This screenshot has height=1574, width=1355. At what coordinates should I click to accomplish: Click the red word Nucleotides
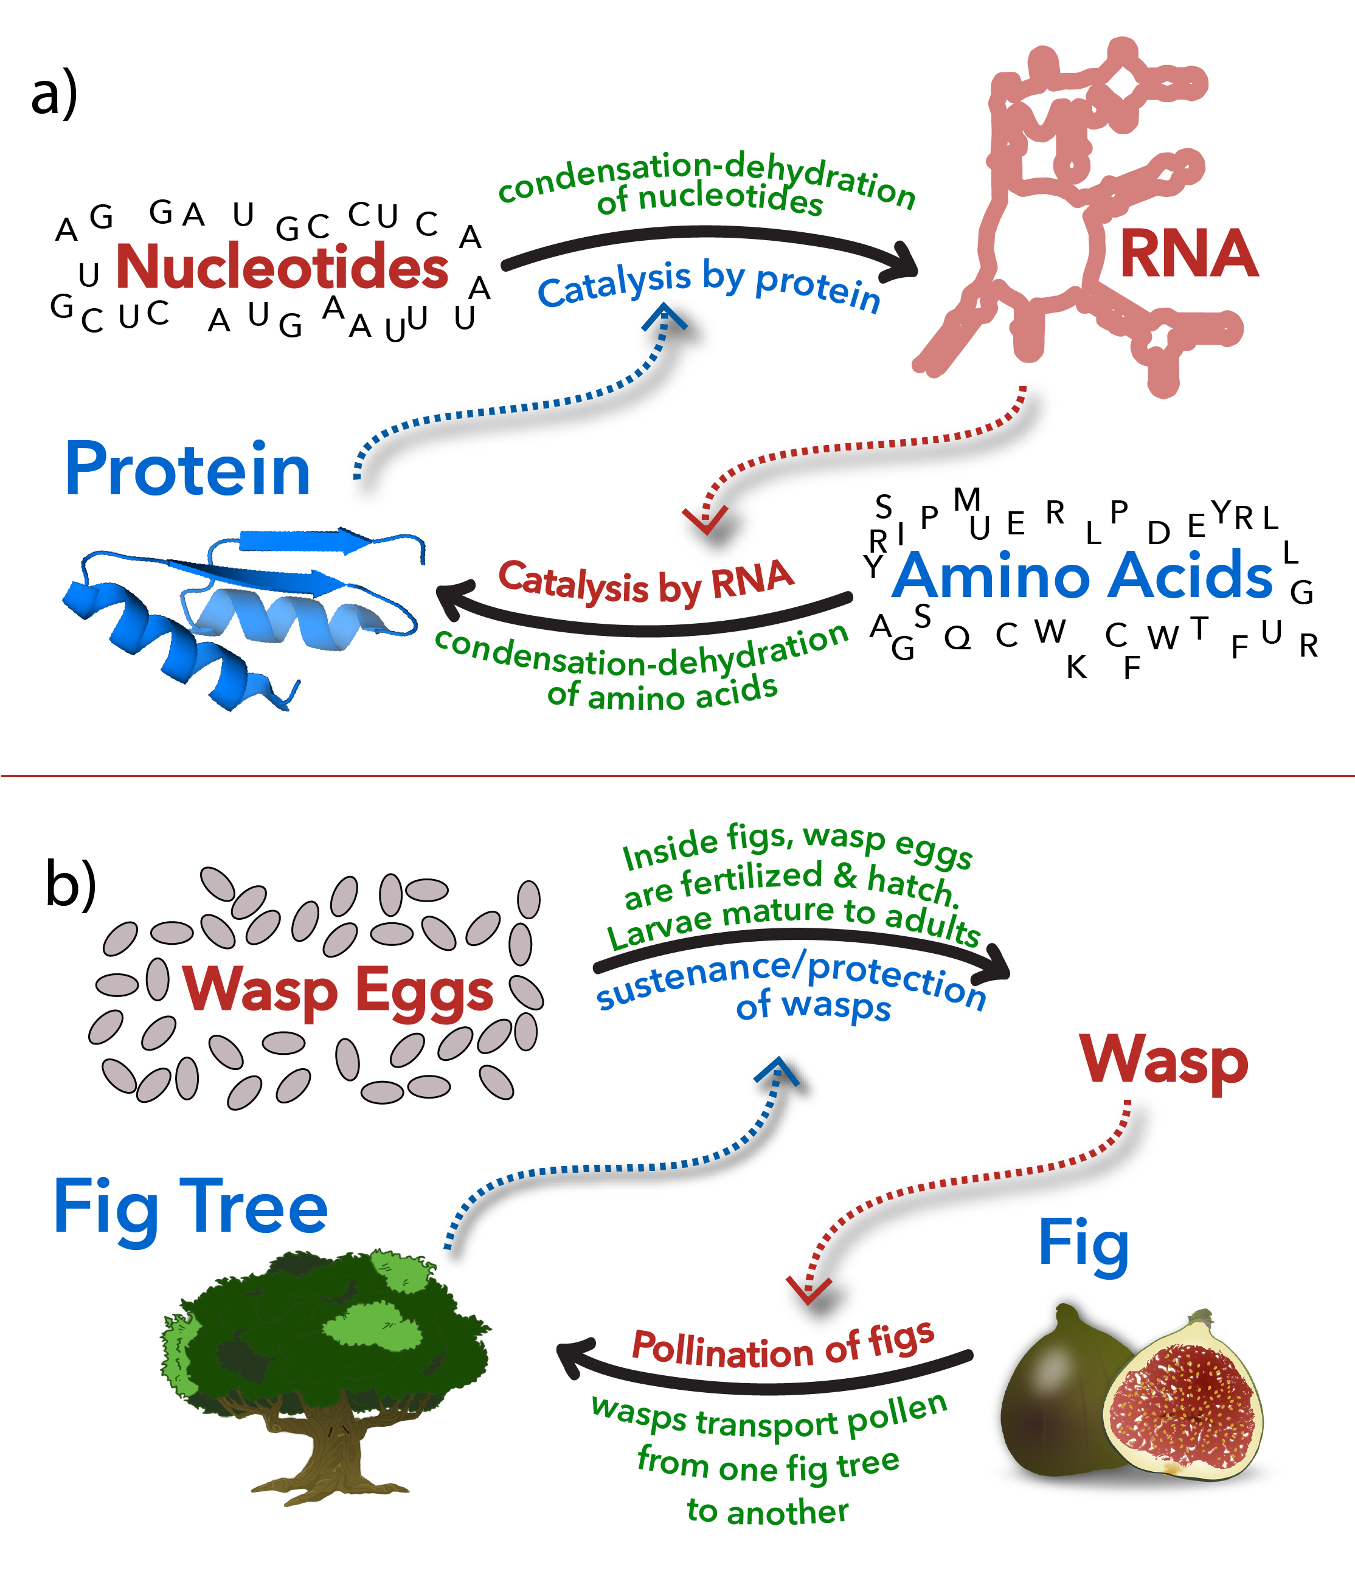point(282,267)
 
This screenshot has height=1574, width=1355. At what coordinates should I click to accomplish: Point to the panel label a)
point(54,92)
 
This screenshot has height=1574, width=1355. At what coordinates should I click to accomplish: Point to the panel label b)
point(71,883)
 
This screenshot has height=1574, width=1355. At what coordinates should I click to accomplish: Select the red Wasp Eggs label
point(338,990)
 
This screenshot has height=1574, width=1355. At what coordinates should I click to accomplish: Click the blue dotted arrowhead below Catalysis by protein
point(664,317)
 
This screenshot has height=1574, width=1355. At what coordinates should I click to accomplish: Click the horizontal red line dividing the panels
point(677,776)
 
